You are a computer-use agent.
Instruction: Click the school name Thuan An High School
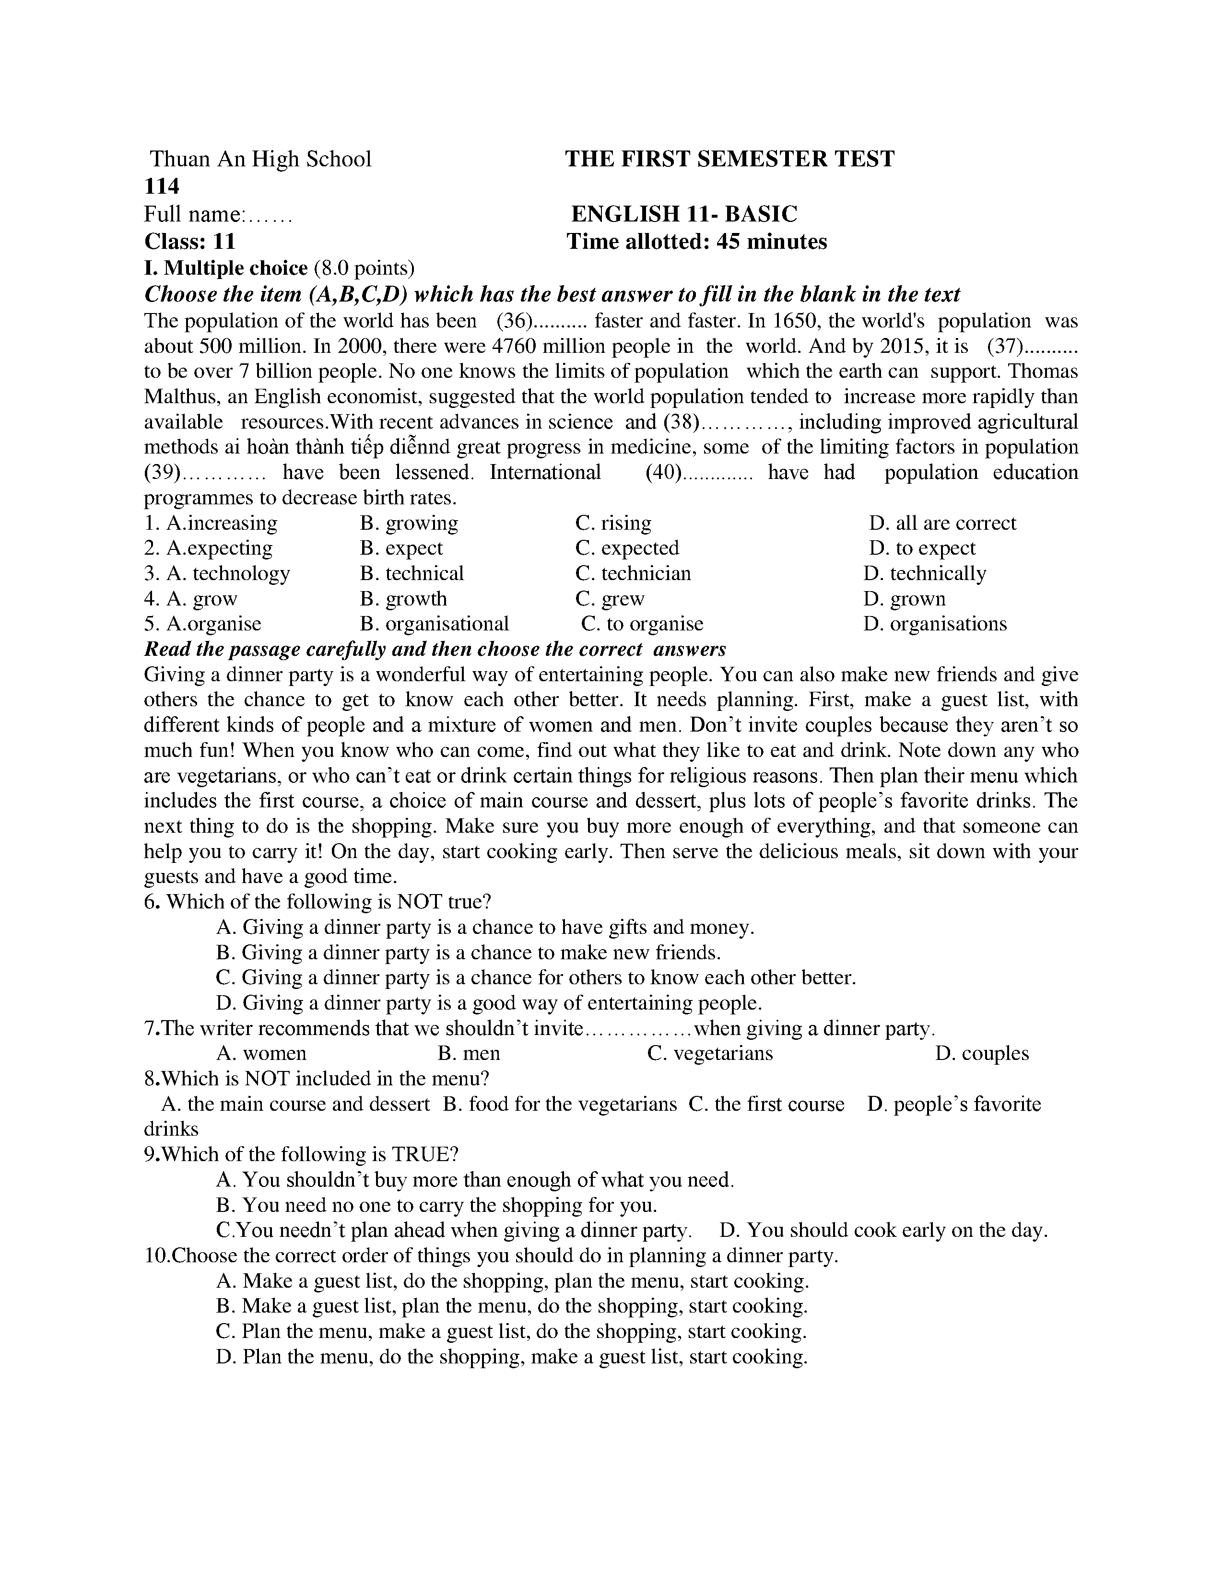tap(260, 159)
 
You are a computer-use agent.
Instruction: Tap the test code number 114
tap(162, 187)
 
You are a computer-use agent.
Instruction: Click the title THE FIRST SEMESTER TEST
tap(729, 159)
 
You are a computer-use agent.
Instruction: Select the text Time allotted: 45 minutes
tap(696, 241)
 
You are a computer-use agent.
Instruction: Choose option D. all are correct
tap(942, 523)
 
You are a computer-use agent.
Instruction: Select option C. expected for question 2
tap(627, 548)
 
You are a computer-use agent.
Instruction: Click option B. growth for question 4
tap(403, 599)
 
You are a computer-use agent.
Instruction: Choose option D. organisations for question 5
tap(935, 624)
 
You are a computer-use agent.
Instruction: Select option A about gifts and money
tap(485, 927)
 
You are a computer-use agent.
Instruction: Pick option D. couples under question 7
tap(982, 1053)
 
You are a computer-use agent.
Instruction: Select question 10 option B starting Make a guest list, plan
tap(512, 1306)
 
